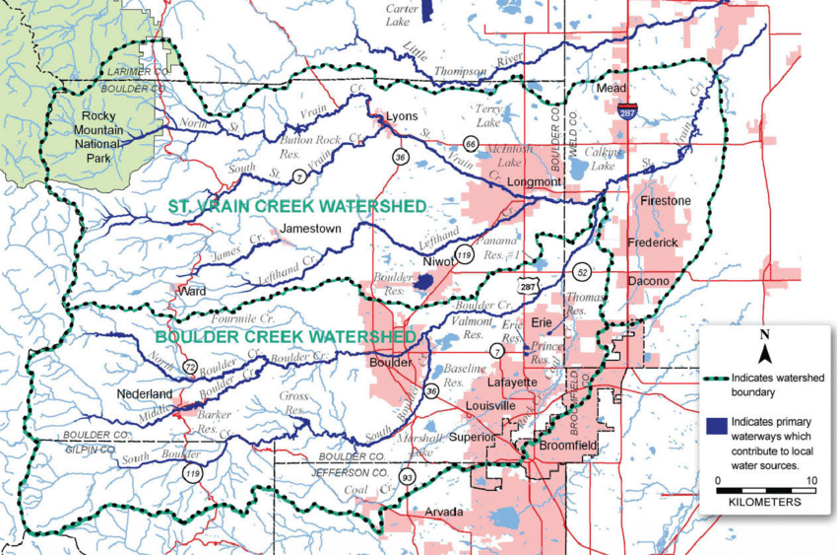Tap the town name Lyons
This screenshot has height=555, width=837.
402,115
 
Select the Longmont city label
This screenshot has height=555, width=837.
533,182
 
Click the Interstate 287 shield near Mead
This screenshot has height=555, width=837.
627,112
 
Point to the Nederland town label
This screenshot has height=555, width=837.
145,394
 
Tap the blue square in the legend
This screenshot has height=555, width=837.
714,427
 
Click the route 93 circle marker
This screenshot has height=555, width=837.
406,478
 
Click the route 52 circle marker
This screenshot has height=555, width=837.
581,271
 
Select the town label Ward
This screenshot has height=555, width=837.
191,292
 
